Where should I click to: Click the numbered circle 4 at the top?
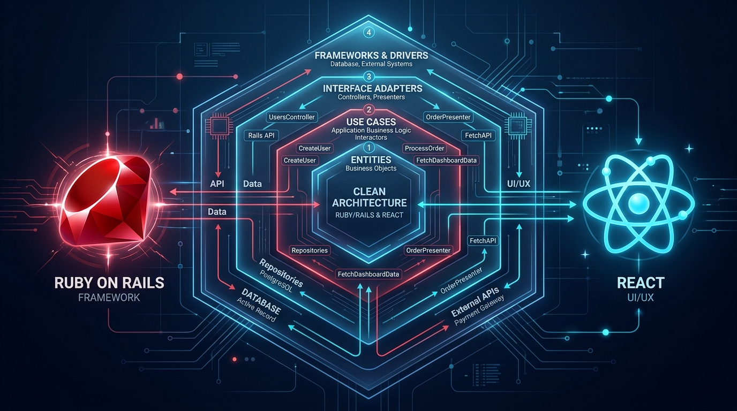[368, 33]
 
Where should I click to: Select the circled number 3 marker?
[368, 77]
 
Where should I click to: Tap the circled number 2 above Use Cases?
[368, 110]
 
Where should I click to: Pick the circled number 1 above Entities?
[368, 148]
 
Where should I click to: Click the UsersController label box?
[292, 117]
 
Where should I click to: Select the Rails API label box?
[261, 135]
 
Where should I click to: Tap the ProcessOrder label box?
[424, 148]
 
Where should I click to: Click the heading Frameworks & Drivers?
[372, 55]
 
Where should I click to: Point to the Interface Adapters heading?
[372, 88]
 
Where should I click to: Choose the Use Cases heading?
[371, 122]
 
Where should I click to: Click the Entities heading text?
[371, 160]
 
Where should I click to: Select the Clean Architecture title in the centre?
[370, 197]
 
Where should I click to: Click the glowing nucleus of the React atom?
[638, 204]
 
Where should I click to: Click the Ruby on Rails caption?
[109, 283]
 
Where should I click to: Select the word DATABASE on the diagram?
[261, 301]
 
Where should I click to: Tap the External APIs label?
[475, 301]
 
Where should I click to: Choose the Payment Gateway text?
[479, 311]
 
